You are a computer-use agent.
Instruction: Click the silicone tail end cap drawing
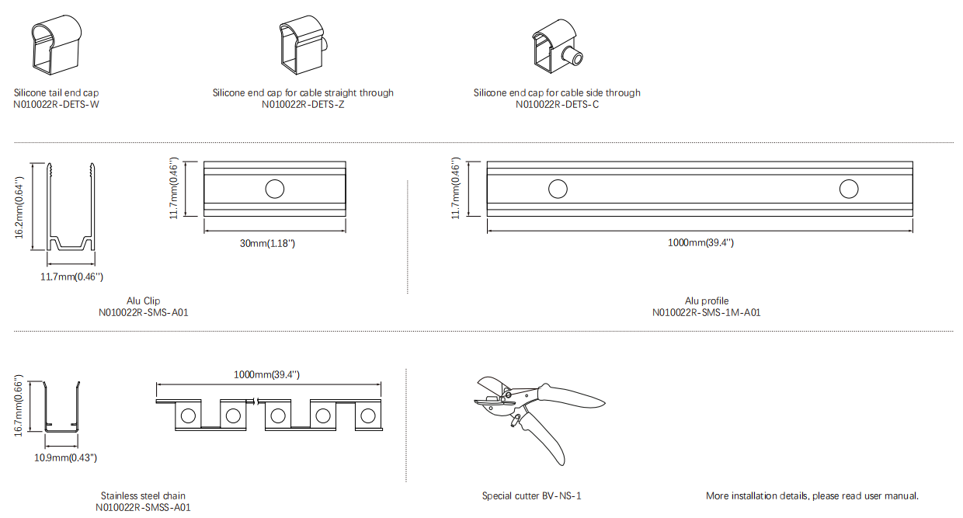pyautogui.click(x=57, y=45)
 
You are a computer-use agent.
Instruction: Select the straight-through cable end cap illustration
pyautogui.click(x=303, y=45)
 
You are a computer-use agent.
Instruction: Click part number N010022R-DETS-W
pyautogui.click(x=56, y=105)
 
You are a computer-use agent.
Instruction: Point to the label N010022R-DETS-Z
pyautogui.click(x=303, y=105)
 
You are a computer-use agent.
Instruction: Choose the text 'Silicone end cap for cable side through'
pyautogui.click(x=557, y=93)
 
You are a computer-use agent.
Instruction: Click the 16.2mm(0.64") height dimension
pyautogui.click(x=19, y=207)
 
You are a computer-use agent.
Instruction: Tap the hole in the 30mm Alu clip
pyautogui.click(x=275, y=189)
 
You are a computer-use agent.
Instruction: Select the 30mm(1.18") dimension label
pyautogui.click(x=267, y=243)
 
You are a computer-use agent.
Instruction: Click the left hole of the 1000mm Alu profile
pyautogui.click(x=558, y=189)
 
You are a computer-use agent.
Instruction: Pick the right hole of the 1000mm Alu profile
pyautogui.click(x=849, y=189)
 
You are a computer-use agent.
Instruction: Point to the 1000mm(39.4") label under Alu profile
pyautogui.click(x=701, y=242)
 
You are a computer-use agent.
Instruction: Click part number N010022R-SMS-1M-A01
pyautogui.click(x=707, y=312)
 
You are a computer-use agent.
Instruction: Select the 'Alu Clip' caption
pyautogui.click(x=143, y=301)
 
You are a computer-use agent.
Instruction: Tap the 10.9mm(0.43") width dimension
pyautogui.click(x=66, y=458)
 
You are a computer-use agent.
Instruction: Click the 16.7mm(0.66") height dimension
pyautogui.click(x=19, y=406)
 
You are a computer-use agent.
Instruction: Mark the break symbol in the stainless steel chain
pyautogui.click(x=256, y=402)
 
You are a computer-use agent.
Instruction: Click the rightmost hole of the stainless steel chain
pyautogui.click(x=368, y=415)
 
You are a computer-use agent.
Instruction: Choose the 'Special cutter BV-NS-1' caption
pyautogui.click(x=531, y=496)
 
